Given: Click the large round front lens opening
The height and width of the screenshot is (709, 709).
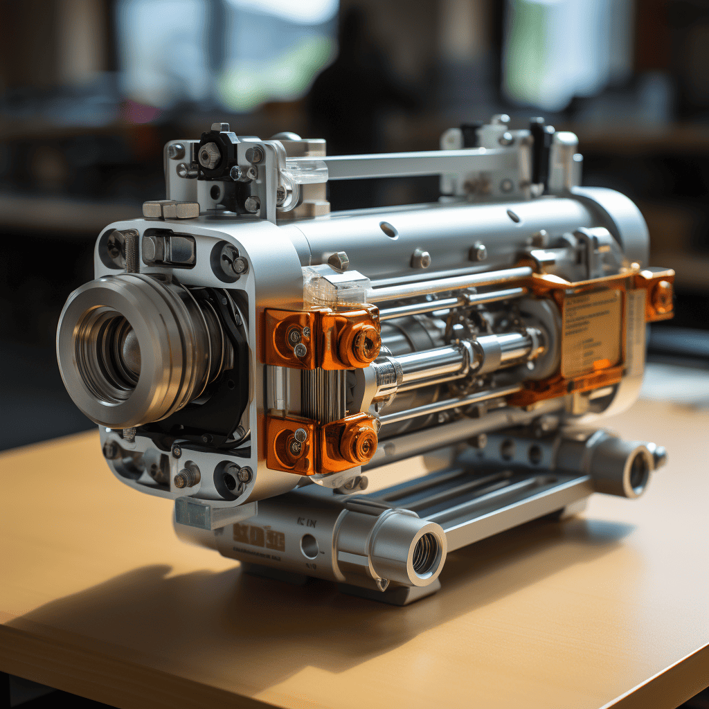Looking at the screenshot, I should [111, 350].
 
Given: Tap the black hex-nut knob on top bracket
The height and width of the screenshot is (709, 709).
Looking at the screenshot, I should [210, 155].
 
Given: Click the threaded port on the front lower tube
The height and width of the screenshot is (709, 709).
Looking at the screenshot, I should [425, 553].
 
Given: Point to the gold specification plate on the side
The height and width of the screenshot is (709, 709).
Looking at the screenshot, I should [591, 332].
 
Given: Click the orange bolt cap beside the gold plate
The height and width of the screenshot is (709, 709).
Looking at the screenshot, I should [661, 296].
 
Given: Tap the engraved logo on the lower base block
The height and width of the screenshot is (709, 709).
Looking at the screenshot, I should [258, 537].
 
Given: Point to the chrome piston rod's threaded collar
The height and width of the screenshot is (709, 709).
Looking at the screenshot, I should [386, 375].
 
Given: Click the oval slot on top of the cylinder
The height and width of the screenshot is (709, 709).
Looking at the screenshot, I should [389, 230].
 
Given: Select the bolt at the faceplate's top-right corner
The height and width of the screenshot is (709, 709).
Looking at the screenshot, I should [238, 264].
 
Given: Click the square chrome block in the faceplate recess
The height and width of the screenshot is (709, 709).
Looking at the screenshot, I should [168, 249].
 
